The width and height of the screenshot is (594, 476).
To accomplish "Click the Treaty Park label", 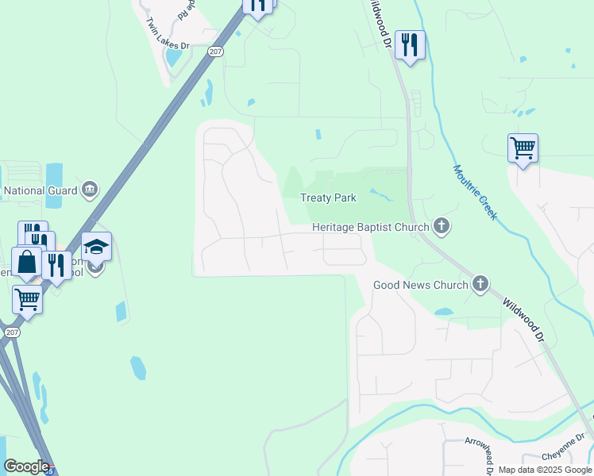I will tap(328, 198).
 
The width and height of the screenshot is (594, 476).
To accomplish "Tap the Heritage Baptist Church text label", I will tap(371, 227).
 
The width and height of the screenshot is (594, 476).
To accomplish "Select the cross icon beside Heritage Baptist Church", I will tap(442, 228).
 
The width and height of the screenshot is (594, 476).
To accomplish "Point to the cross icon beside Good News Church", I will tap(480, 284).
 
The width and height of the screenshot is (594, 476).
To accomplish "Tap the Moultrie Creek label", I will tap(475, 192).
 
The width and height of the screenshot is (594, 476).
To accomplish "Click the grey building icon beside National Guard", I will tap(90, 190).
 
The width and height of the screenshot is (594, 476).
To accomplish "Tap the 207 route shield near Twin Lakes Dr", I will tap(216, 51).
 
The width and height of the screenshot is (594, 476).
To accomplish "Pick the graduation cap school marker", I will tap(96, 247).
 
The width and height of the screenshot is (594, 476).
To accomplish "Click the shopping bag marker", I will tap(26, 262).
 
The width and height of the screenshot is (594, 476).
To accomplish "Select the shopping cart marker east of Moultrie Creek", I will tap(523, 148).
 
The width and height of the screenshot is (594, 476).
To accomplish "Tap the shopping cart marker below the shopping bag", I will tap(27, 300).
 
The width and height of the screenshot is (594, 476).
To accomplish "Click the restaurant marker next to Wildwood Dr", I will tap(410, 44).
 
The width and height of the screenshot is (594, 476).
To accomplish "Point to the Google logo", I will tap(26, 466).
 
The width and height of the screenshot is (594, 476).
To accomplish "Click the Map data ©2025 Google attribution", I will tap(545, 470).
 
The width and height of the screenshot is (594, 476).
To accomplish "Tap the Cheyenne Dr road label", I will tap(563, 455).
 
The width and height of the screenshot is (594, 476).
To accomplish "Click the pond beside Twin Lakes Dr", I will tap(172, 56).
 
